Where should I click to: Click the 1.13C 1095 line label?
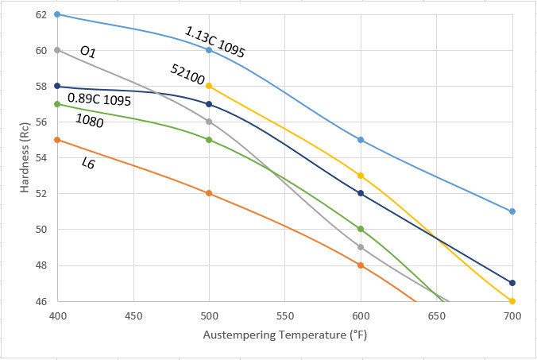click(x=214, y=42)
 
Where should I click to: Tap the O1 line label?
click(x=87, y=52)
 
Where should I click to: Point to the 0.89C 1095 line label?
click(x=99, y=99)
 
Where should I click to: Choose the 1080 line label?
click(x=90, y=120)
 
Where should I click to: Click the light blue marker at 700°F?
click(x=512, y=211)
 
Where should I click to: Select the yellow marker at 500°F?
click(x=209, y=86)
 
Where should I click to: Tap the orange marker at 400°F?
click(x=57, y=140)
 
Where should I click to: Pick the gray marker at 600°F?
click(x=361, y=247)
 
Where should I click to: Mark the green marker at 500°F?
click(x=209, y=140)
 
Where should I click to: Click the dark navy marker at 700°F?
click(x=512, y=283)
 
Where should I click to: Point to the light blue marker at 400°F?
click(x=57, y=14)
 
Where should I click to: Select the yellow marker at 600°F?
click(x=361, y=176)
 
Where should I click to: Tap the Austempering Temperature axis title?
click(x=284, y=335)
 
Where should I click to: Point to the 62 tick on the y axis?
click(x=41, y=14)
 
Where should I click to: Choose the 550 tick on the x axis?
click(x=284, y=315)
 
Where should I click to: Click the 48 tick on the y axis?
click(x=41, y=265)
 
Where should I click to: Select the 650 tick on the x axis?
click(x=436, y=315)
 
